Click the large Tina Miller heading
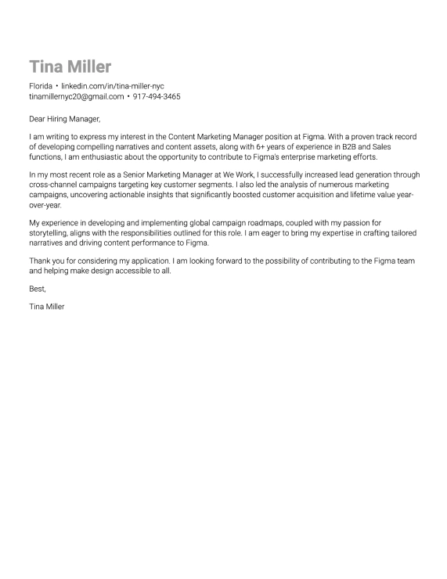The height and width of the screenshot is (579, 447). (x=70, y=67)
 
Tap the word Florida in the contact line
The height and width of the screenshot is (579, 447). (x=41, y=85)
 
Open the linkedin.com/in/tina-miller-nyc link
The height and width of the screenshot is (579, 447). (x=113, y=85)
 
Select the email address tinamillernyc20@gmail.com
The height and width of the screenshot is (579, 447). (x=76, y=96)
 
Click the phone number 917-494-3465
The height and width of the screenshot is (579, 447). (x=157, y=96)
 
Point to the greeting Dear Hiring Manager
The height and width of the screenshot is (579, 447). (x=65, y=119)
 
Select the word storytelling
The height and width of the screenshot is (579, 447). (x=51, y=233)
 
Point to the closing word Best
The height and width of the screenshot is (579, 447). (x=38, y=289)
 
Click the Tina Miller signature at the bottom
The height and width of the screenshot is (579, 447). (x=47, y=307)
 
